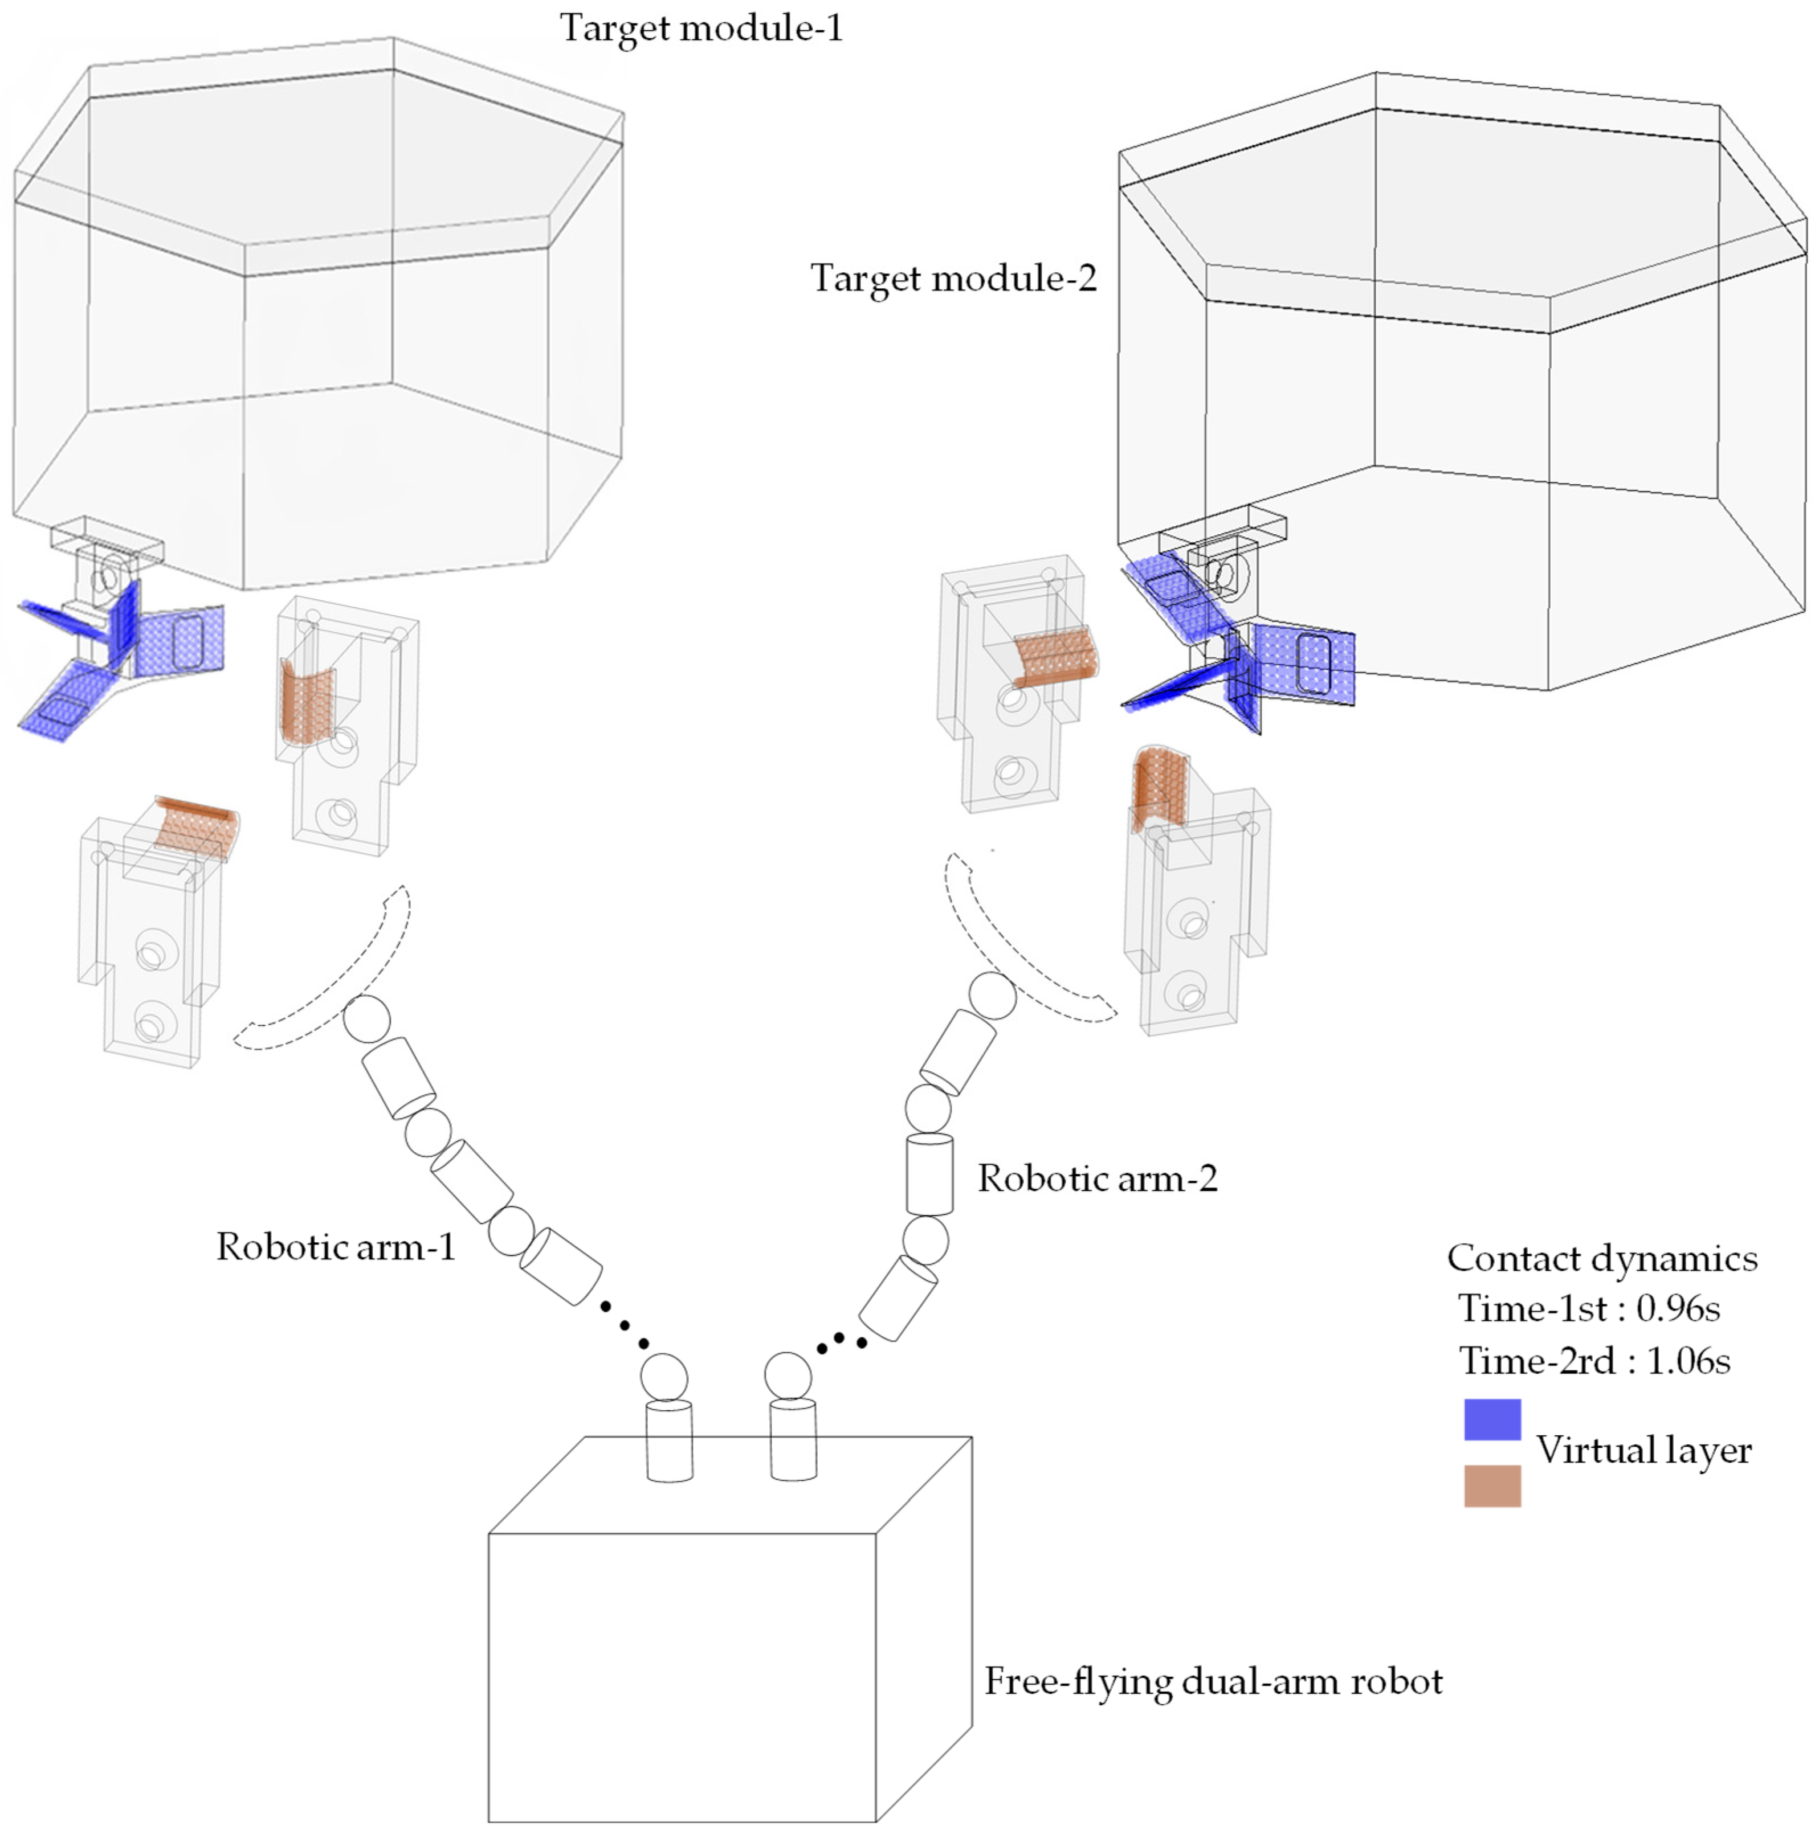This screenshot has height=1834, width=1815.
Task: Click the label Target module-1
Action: click(x=701, y=27)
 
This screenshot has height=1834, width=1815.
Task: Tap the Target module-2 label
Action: click(x=953, y=278)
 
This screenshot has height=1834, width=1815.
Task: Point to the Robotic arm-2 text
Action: click(x=1097, y=1178)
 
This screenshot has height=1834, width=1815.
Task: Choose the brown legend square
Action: click(x=1491, y=1485)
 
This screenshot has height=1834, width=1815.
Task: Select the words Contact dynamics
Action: click(x=1601, y=1258)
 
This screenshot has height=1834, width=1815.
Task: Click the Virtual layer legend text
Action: click(x=1643, y=1450)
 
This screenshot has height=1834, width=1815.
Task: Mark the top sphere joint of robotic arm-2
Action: click(x=993, y=996)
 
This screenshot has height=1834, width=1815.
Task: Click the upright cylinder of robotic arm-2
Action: click(x=929, y=1173)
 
